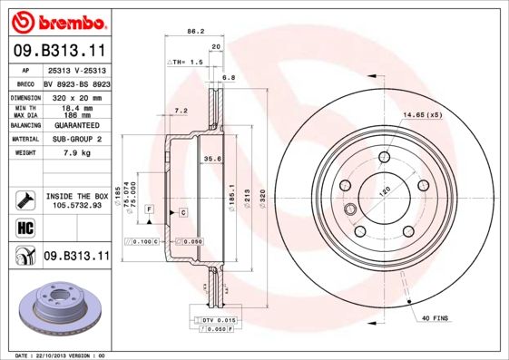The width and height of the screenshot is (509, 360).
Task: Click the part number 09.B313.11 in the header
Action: (x=59, y=52)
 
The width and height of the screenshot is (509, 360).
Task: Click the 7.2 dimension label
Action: (x=180, y=111)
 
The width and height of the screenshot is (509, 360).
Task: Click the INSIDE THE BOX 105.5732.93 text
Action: (x=76, y=201)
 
